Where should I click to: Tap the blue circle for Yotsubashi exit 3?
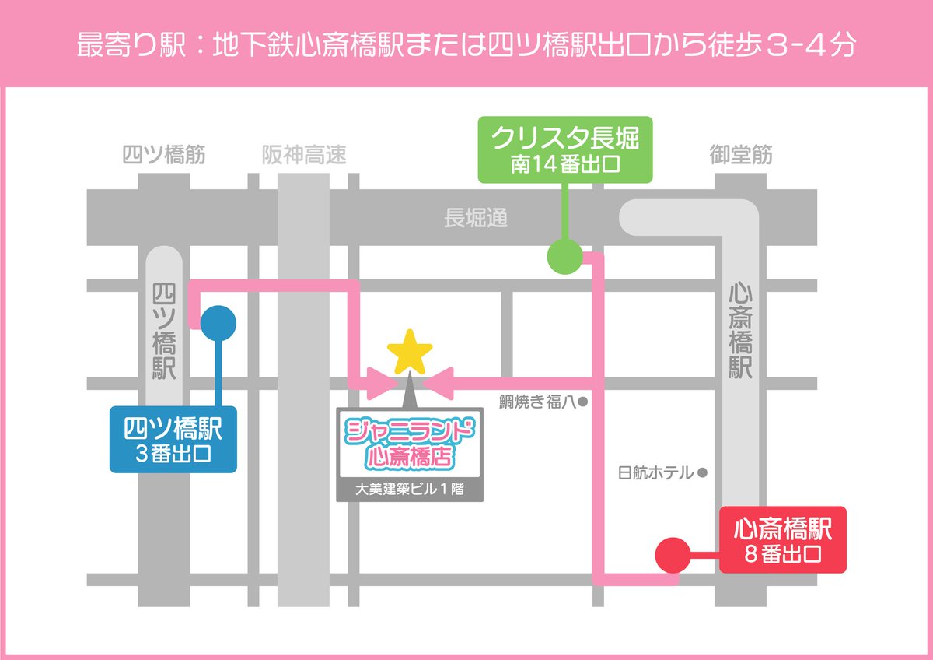coord(218,321)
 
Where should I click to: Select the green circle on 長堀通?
coord(564,256)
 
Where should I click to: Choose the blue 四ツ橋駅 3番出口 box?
coord(173,440)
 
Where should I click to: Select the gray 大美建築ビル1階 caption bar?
coord(409,491)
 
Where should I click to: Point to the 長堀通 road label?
coord(476,219)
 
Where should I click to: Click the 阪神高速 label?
coord(304,156)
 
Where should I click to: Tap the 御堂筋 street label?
coord(741,156)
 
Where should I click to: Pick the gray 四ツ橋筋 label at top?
coord(164,156)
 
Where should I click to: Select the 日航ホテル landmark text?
coord(655,472)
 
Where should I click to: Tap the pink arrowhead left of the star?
coord(383,382)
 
